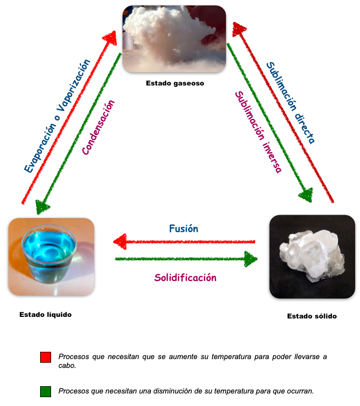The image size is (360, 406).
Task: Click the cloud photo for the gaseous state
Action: pyautogui.click(x=174, y=39)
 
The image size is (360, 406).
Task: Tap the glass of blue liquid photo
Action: pyautogui.click(x=51, y=256)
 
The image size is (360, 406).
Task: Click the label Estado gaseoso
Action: pyautogui.click(x=175, y=83)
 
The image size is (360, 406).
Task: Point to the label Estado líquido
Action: pyautogui.click(x=45, y=314)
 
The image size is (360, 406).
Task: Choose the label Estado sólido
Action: pyautogui.click(x=312, y=316)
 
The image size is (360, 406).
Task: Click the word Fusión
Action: pyautogui.click(x=183, y=228)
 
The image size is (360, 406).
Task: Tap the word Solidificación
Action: pyautogui.click(x=185, y=278)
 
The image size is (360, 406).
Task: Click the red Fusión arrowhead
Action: pyautogui.click(x=120, y=241)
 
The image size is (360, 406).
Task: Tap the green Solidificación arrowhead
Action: pyautogui.click(x=251, y=259)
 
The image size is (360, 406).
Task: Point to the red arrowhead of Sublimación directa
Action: pyautogui.click(x=239, y=29)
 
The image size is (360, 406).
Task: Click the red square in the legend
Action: pyautogui.click(x=45, y=357)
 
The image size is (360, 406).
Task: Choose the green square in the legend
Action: pyautogui.click(x=45, y=390)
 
